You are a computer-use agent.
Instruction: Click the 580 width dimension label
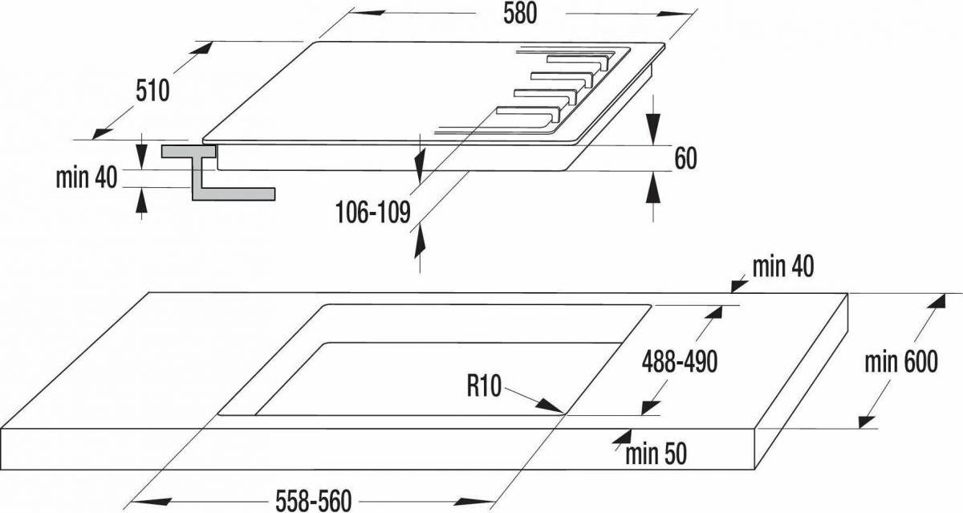[520, 14]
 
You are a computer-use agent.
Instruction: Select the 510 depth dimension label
[152, 92]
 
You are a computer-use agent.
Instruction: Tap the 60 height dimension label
[685, 158]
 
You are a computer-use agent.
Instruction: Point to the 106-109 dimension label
[373, 213]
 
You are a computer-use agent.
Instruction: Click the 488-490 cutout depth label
[680, 361]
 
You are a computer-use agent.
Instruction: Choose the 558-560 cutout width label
[314, 500]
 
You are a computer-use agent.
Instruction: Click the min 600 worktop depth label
[901, 362]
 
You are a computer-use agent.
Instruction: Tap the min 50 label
[656, 454]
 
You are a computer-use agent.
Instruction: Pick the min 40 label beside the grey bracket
[87, 177]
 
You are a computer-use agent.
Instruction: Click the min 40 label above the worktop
[783, 267]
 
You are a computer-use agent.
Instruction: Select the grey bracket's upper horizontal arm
[189, 152]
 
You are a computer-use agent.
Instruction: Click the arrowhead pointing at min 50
[622, 437]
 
